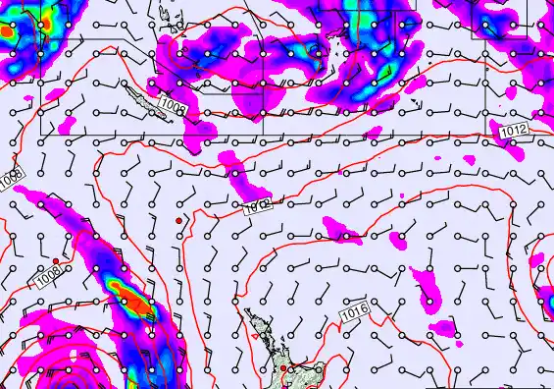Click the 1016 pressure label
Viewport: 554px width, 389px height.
point(355,312)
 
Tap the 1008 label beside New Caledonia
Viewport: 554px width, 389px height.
point(173,102)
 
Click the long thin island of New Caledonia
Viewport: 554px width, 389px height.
point(137,97)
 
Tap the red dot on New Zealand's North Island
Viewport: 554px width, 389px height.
point(283,368)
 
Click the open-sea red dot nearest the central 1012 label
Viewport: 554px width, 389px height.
point(177,221)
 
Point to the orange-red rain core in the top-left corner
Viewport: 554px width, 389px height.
point(6,32)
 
